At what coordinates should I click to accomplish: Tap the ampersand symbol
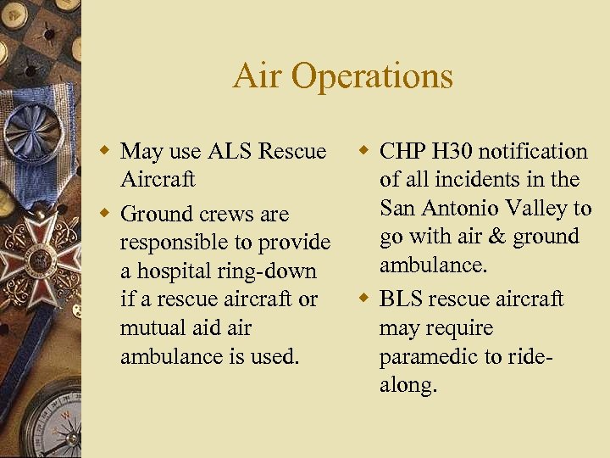coord(497,237)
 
